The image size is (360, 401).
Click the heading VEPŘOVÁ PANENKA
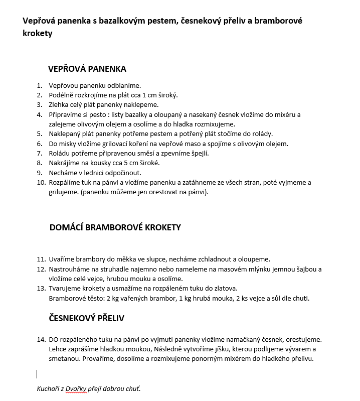pyautogui.click(x=87, y=69)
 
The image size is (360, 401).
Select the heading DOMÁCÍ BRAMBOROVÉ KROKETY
pyautogui.click(x=115, y=227)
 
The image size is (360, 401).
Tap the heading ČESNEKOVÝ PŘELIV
pyautogui.click(x=86, y=318)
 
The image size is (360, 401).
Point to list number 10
pyautogui.click(x=41, y=182)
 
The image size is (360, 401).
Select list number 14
pyautogui.click(x=41, y=340)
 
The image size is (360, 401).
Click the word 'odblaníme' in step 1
pyautogui.click(x=125, y=86)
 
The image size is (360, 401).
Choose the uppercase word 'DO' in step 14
pyautogui.click(x=54, y=340)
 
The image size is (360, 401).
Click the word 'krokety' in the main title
pyautogui.click(x=37, y=33)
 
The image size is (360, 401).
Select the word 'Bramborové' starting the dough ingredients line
pyautogui.click(x=67, y=298)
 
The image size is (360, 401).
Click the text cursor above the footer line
pyautogui.click(x=37, y=374)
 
